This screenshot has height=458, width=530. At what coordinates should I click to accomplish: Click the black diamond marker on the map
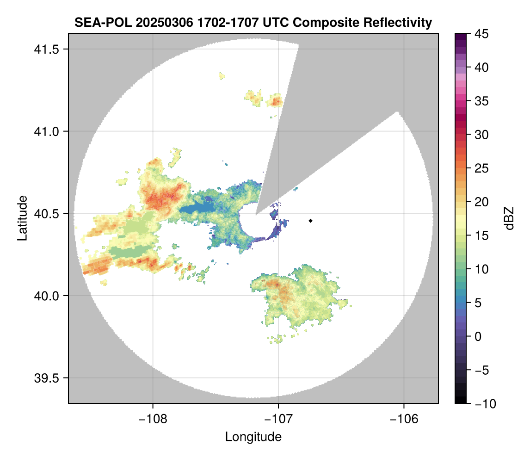click(x=311, y=221)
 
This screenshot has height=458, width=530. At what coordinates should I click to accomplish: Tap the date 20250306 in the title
click(x=155, y=23)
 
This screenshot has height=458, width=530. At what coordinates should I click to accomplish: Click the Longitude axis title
click(x=253, y=436)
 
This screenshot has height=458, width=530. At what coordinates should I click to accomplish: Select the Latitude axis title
click(x=22, y=218)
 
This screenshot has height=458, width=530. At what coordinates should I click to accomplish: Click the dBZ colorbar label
click(x=509, y=218)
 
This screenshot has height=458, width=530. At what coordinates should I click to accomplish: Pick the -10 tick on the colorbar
click(x=481, y=404)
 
